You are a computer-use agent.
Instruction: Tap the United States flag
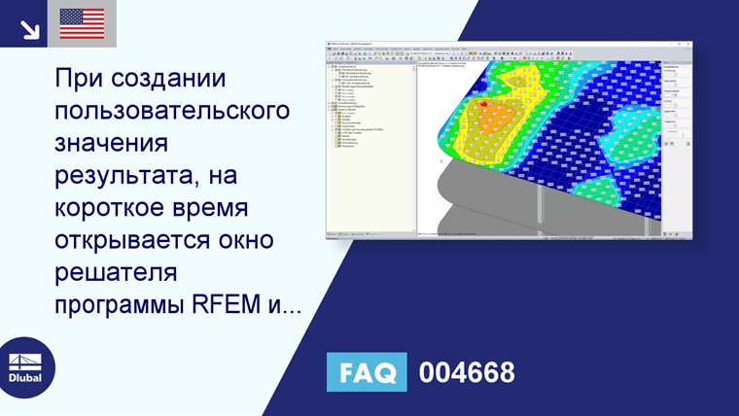tap(82, 24)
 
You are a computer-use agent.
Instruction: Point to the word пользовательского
tap(173, 111)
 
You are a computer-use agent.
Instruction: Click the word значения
tap(112, 143)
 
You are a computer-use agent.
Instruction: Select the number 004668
tap(467, 372)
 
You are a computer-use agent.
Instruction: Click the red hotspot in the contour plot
tap(483, 107)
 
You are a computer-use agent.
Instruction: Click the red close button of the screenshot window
tap(689, 44)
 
